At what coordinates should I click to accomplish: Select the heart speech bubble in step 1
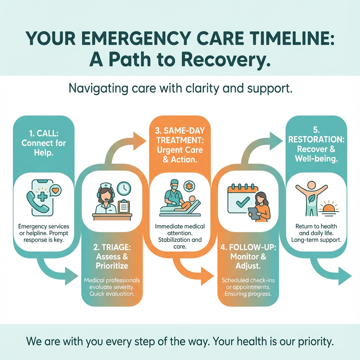pyautogui.click(x=54, y=191)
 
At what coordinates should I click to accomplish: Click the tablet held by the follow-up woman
pyautogui.click(x=253, y=213)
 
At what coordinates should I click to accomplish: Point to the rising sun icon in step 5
pyautogui.click(x=329, y=208)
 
